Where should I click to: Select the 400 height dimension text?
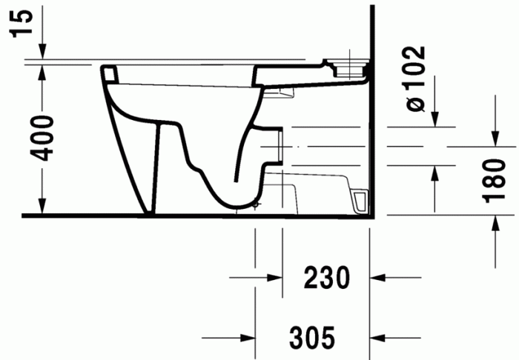44,138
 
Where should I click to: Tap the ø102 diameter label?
417,79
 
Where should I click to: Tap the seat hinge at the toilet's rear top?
348,67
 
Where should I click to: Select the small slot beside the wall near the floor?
362,201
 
